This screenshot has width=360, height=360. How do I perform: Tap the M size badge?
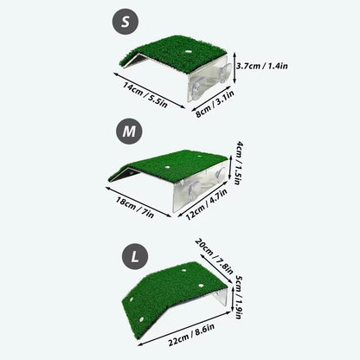pyautogui.click(x=127, y=132)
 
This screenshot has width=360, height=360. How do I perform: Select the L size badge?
pyautogui.click(x=132, y=255)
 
